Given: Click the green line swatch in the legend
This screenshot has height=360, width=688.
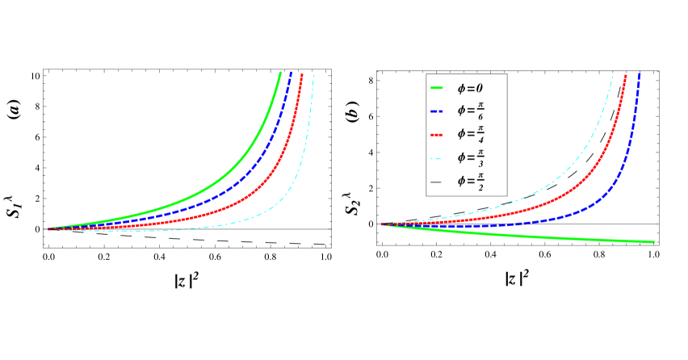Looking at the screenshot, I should (x=436, y=88).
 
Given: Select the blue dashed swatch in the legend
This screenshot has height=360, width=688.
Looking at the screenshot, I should (x=436, y=111).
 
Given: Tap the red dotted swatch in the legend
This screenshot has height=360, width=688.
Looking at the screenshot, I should (x=436, y=134).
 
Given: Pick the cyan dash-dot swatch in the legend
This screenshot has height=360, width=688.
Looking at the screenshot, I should (x=436, y=157).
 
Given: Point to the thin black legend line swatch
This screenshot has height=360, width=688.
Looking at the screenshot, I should (x=436, y=182).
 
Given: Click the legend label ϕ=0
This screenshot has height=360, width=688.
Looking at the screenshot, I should (x=470, y=88).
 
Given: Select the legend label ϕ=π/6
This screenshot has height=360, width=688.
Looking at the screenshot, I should (x=471, y=111).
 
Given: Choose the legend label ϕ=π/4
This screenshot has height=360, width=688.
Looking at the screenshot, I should (x=471, y=134).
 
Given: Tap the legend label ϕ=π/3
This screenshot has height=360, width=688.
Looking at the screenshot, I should (x=471, y=157).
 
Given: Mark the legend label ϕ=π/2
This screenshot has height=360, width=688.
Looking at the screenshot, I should (x=471, y=182).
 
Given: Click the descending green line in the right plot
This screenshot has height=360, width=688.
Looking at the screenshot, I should (x=565, y=237).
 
